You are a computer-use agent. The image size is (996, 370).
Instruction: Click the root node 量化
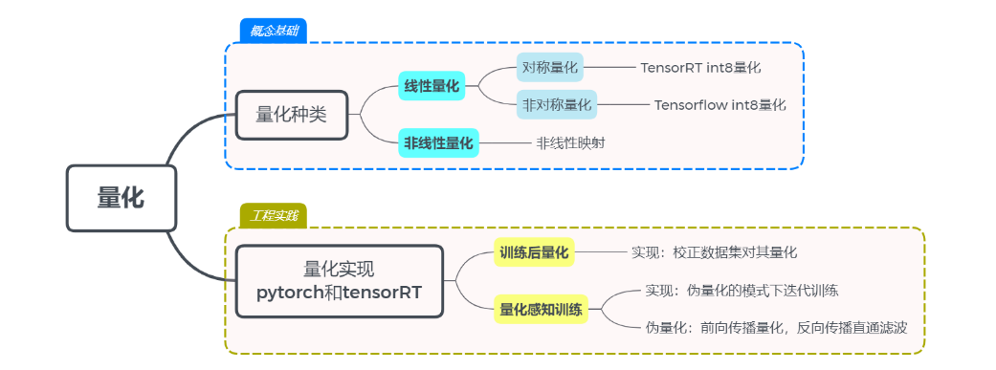point(122,198)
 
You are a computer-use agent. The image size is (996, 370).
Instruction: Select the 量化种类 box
point(292,115)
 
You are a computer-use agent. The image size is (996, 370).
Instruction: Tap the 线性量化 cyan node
point(432,86)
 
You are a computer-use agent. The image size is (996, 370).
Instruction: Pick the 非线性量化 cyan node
point(438,143)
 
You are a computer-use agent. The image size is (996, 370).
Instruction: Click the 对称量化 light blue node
point(549,68)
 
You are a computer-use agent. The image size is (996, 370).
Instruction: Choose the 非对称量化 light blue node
point(556,104)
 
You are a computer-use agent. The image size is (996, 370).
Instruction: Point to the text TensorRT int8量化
point(700,68)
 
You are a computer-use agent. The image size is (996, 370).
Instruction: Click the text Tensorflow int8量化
point(719,104)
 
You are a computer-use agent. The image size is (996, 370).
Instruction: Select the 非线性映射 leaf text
point(570,143)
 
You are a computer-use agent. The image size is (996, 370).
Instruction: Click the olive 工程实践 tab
point(273,215)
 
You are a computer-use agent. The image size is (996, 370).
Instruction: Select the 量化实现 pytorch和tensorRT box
point(340,281)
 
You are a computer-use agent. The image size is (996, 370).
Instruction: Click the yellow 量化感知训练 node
point(541,309)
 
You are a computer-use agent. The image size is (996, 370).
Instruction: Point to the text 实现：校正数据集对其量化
point(714,252)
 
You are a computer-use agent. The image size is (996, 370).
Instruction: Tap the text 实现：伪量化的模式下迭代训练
point(741,290)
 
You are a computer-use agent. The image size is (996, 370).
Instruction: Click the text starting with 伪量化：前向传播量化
point(776,327)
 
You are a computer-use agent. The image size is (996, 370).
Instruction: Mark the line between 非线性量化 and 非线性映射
point(505,143)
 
